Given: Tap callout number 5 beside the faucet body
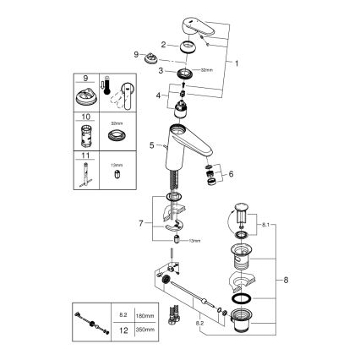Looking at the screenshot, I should [153, 145].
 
